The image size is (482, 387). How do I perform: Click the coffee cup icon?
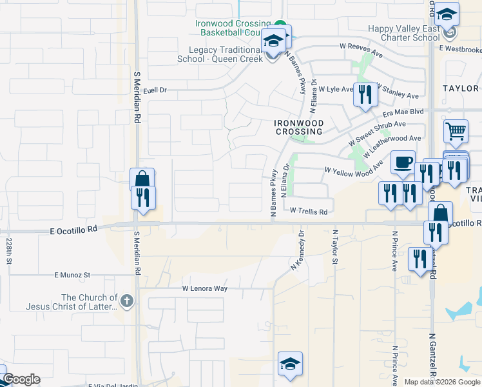coord(403,162)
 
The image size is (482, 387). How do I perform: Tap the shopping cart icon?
coord(456,131)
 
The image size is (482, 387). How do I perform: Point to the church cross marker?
coord(127,300)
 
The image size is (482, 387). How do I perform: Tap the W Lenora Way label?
coord(205,288)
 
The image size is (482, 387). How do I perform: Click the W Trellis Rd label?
coord(309,211)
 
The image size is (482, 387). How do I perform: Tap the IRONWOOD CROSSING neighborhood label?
coord(298,127)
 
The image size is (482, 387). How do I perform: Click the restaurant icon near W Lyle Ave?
coord(365,94)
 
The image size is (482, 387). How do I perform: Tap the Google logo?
coord(21,379)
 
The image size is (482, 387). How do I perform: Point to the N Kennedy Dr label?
coord(298,252)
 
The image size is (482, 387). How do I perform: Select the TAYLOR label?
coord(461,88)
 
